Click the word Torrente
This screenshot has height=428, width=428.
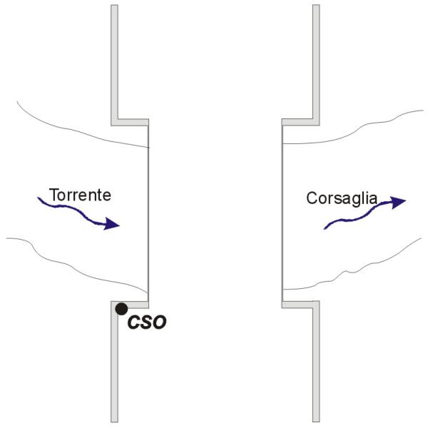click(x=80, y=194)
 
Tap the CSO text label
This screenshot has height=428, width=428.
click(x=147, y=322)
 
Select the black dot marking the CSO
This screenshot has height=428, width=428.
click(x=122, y=308)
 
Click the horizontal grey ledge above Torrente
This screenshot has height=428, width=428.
click(x=132, y=121)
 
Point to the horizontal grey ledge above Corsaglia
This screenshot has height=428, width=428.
click(x=298, y=121)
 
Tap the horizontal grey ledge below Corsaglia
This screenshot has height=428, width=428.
click(x=298, y=304)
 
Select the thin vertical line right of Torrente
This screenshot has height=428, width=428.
click(x=148, y=214)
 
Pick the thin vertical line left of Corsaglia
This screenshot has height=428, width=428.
click(x=282, y=214)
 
